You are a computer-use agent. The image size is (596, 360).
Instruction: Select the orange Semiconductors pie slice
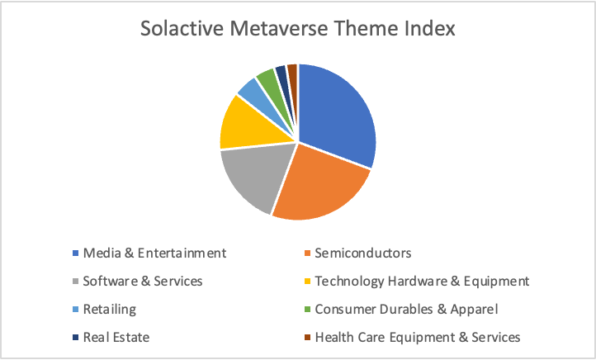coord(323,187)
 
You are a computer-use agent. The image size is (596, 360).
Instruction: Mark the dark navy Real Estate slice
coord(282,76)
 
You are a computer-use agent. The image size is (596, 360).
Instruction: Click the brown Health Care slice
coord(293,74)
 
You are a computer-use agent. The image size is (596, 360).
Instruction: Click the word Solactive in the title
coord(182,29)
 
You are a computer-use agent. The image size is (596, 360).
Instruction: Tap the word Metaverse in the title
coord(279,29)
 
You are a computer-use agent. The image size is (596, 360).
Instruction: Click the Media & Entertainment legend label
coord(154,253)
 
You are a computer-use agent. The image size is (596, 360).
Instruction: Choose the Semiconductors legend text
coord(363,253)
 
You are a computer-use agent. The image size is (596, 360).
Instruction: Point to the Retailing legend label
coord(110,310)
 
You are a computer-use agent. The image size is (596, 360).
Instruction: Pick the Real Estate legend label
coord(116,337)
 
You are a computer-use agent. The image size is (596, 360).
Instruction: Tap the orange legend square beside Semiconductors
coord(307,253)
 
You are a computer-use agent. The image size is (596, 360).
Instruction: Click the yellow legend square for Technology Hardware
coord(307,282)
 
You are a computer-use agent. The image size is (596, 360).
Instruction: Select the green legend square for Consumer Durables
coord(307,310)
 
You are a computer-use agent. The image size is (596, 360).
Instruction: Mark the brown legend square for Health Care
coord(307,337)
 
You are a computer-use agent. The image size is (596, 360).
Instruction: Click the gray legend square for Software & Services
coord(76,282)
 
